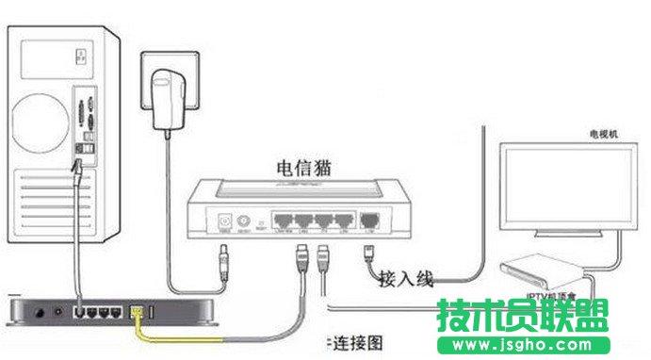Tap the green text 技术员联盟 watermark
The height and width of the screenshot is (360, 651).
522,315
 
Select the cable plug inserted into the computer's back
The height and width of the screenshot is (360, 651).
77,170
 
